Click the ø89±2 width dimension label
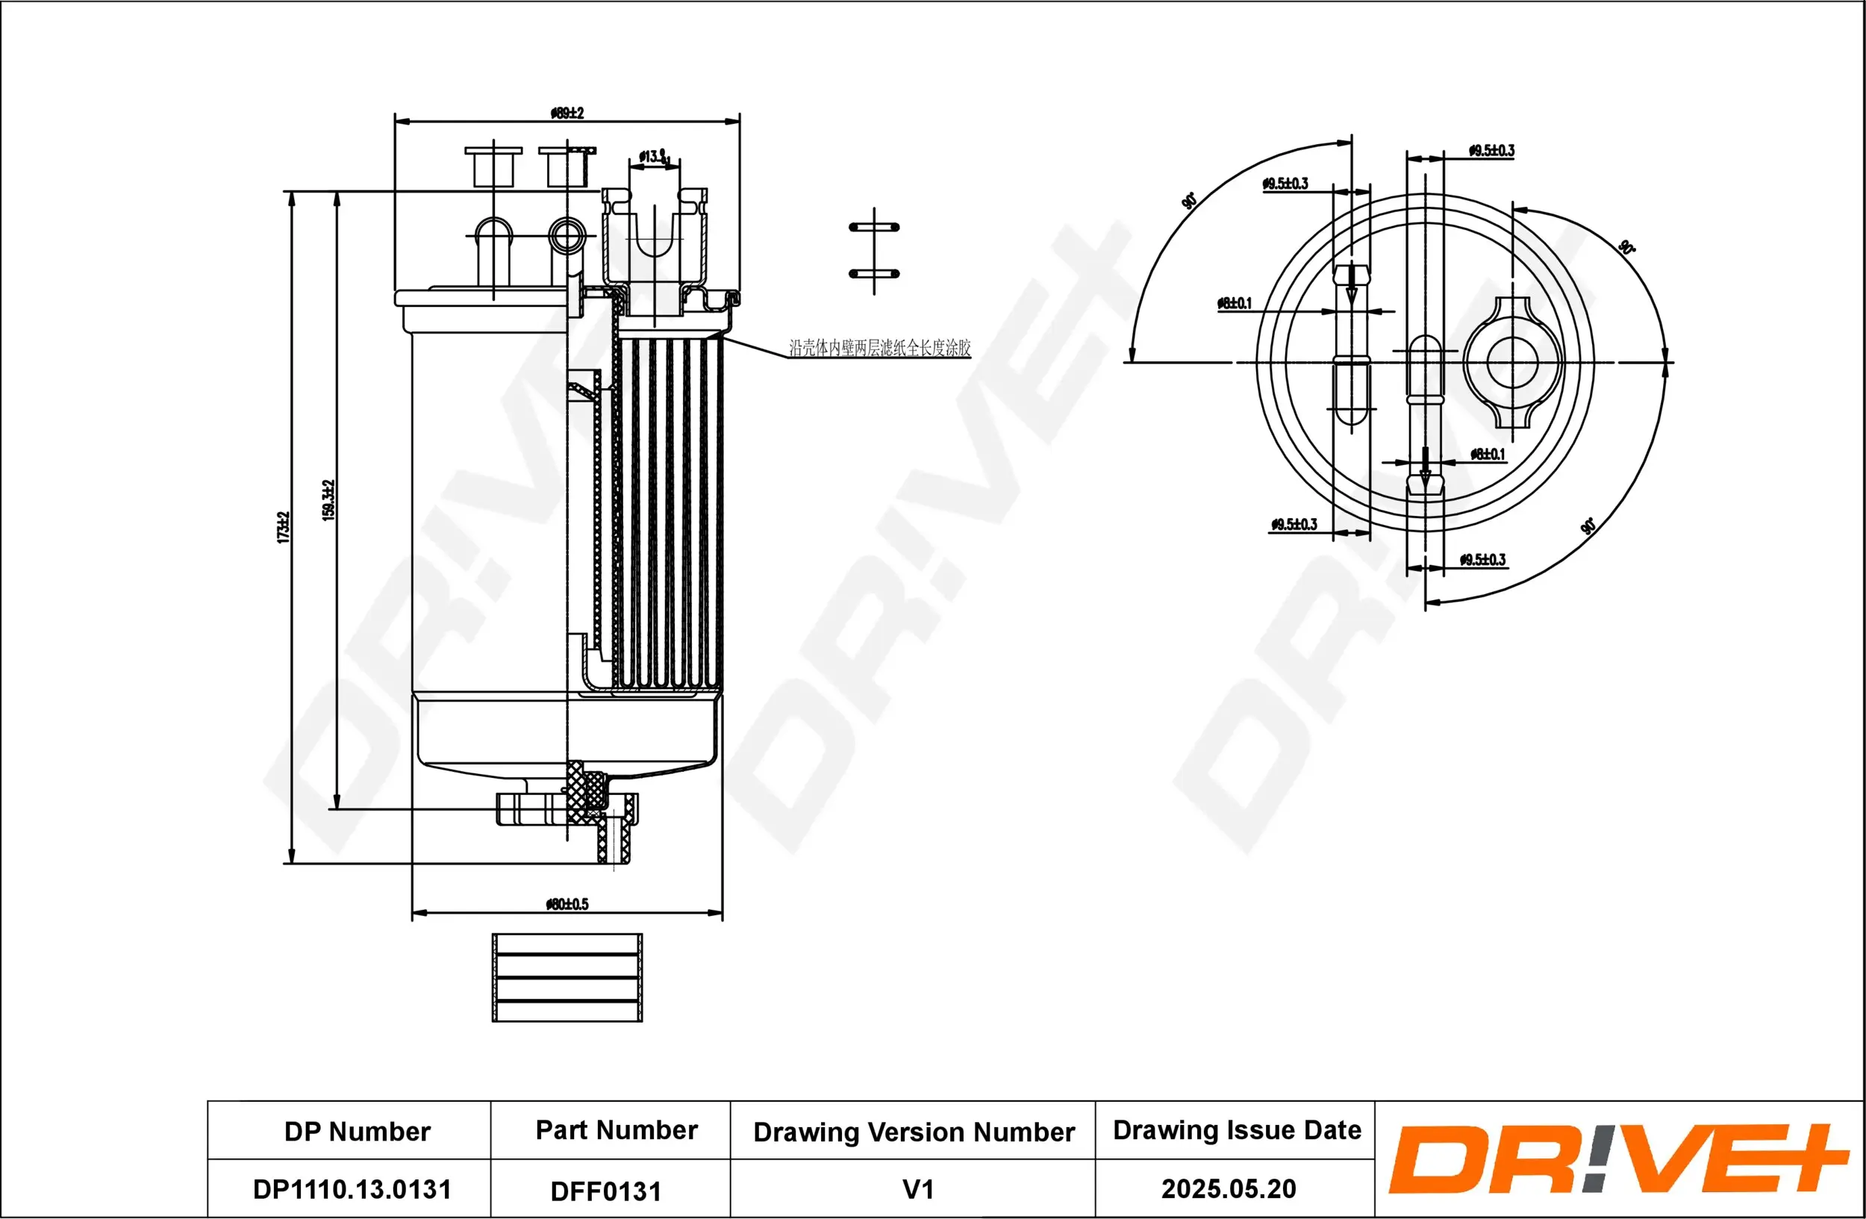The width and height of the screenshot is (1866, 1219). click(x=567, y=113)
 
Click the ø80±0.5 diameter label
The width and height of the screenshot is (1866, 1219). click(x=567, y=904)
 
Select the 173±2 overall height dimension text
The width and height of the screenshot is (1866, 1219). click(x=283, y=527)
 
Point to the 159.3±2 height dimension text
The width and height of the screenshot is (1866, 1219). click(x=329, y=499)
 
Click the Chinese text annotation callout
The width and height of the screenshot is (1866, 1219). click(x=879, y=347)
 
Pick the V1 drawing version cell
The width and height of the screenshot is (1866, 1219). click(x=917, y=1189)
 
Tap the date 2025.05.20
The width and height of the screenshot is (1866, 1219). click(x=1228, y=1188)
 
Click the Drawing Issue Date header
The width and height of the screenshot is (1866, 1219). click(x=1237, y=1129)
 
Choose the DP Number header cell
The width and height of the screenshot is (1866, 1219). click(x=357, y=1131)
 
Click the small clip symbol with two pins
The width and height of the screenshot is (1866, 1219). click(x=874, y=251)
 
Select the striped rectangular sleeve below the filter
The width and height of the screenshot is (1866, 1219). click(x=567, y=977)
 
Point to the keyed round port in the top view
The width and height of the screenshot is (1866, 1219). click(x=1512, y=362)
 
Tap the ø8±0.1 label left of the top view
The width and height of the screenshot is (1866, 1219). click(x=1234, y=302)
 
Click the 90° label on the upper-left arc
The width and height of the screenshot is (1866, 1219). click(x=1188, y=201)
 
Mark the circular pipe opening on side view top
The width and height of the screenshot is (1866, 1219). click(x=566, y=234)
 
